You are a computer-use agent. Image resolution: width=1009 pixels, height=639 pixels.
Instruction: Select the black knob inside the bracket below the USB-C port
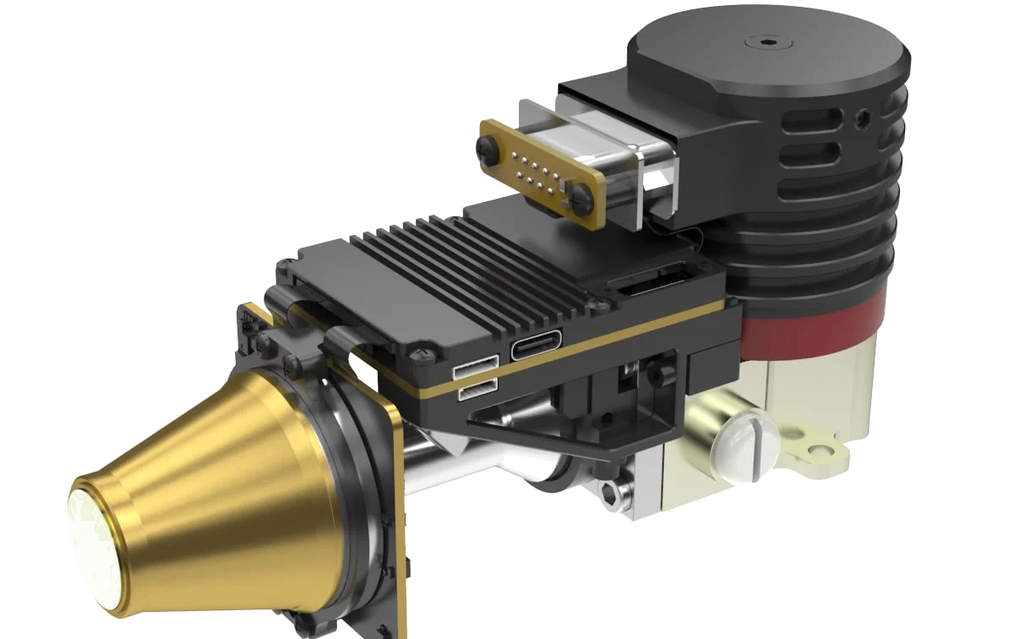tap(656, 369)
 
